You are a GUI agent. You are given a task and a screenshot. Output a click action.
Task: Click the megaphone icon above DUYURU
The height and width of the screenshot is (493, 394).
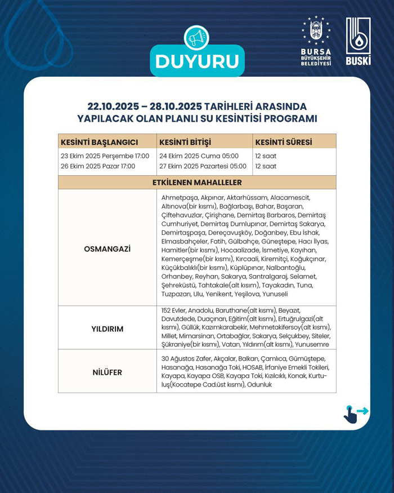tap(196, 38)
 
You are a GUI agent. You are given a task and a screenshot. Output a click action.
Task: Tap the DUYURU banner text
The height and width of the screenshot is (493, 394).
tap(197, 61)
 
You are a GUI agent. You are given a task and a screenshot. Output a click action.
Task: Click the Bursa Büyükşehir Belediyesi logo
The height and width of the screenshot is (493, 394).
tap(316, 41)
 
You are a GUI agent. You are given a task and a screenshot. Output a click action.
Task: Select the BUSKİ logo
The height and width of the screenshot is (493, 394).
tap(358, 41)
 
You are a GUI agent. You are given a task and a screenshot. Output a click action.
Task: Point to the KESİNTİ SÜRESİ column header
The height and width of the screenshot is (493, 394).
tap(284, 141)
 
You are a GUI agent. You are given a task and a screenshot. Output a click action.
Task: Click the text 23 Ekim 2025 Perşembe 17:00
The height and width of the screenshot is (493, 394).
tap(105, 156)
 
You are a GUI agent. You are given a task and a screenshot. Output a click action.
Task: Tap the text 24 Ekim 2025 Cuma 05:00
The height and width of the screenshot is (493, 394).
tap(199, 156)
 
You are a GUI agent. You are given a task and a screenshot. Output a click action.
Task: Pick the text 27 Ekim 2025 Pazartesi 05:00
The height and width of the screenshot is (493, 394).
tap(203, 166)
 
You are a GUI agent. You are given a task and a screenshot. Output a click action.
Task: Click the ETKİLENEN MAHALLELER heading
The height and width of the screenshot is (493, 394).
tap(197, 183)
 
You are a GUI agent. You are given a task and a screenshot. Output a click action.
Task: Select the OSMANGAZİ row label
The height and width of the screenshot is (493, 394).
tap(107, 248)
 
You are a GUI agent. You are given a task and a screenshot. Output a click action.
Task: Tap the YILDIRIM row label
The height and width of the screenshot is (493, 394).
tap(107, 328)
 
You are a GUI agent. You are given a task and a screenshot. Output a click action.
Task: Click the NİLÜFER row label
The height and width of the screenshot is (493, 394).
tap(107, 372)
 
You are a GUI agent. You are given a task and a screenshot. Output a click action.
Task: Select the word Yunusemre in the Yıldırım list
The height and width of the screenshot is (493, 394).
tap(311, 344)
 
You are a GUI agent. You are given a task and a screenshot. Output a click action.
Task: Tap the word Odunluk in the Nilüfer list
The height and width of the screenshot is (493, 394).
tap(259, 384)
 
